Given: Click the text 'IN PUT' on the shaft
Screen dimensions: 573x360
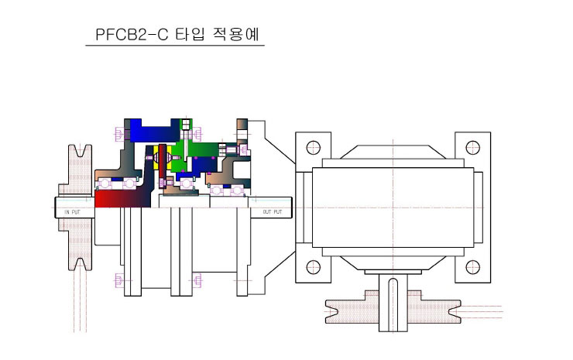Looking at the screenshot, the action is (72, 212).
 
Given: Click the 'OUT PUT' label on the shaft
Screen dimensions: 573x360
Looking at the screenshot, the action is (273, 212).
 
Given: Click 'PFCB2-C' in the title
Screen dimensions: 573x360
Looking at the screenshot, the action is (132, 34).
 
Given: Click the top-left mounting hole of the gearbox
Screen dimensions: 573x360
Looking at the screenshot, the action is (313, 147).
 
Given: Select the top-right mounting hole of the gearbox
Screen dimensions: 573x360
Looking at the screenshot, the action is (473, 147).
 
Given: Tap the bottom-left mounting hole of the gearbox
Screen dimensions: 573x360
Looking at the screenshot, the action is (313, 267).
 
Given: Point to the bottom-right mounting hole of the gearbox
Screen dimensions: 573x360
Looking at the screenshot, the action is (473, 267).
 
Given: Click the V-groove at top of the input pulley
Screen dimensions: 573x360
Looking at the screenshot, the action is (81, 151).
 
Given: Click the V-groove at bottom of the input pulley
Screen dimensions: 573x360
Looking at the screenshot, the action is (81, 264).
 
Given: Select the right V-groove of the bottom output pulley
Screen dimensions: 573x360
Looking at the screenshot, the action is (455, 312).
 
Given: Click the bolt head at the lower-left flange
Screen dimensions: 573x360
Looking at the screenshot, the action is (118, 281).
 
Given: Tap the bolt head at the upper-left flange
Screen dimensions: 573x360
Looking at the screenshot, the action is (118, 134).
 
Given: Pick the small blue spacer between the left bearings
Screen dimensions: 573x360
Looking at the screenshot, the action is (117, 179).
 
